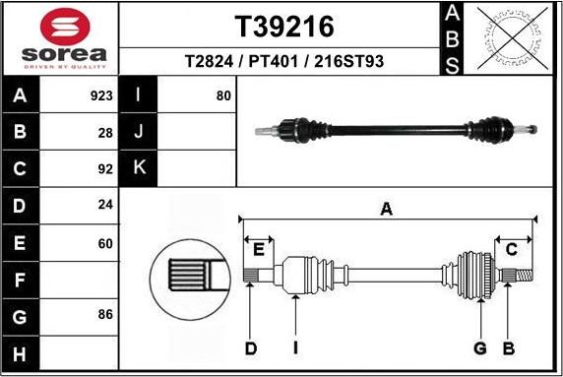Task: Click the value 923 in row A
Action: (x=101, y=96)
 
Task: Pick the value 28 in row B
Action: (x=105, y=132)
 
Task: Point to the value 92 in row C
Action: (x=105, y=167)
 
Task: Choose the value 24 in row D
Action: (x=105, y=205)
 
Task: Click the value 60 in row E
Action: (x=105, y=241)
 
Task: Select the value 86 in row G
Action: (x=105, y=314)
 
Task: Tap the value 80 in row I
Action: (x=223, y=96)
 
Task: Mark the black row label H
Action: (x=19, y=351)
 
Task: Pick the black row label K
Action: (x=138, y=167)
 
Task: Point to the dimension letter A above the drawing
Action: (x=387, y=209)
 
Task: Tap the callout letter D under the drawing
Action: (x=251, y=347)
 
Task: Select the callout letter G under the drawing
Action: (x=480, y=347)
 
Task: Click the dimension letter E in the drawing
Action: (x=260, y=247)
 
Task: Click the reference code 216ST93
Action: (x=348, y=61)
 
